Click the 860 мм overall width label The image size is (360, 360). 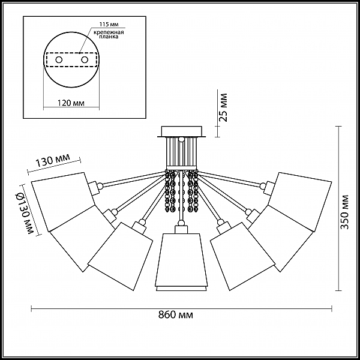coord(176,314)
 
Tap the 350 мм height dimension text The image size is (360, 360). coord(344,212)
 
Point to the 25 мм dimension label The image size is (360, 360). coord(223,107)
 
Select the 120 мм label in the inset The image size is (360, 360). coord(71,103)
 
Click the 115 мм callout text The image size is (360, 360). coord(109,25)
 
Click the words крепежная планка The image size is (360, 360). coord(109,34)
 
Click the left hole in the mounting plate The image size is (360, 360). coord(59,60)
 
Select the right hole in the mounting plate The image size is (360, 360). coord(85,60)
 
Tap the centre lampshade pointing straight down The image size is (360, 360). coord(181,262)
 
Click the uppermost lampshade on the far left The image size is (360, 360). coord(64,202)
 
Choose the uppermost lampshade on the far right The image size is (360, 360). coord(300,202)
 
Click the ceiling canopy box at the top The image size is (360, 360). coord(181,131)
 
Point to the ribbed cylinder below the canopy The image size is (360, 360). coord(181,152)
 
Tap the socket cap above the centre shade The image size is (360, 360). coord(181,229)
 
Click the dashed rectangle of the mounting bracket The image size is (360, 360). coord(71,60)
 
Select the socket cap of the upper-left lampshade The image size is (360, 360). coord(93,188)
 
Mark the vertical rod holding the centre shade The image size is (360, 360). coord(181,195)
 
